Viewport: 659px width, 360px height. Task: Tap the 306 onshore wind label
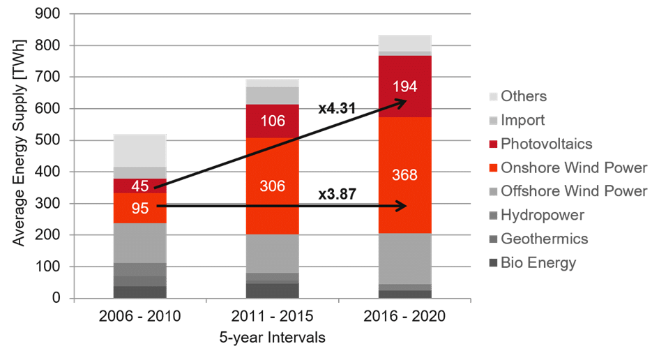click(x=272, y=186)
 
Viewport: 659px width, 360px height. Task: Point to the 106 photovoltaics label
click(x=272, y=121)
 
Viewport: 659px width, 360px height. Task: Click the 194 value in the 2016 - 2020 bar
click(x=404, y=88)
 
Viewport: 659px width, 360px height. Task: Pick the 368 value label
click(x=404, y=174)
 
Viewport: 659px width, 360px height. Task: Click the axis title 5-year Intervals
click(x=272, y=338)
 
